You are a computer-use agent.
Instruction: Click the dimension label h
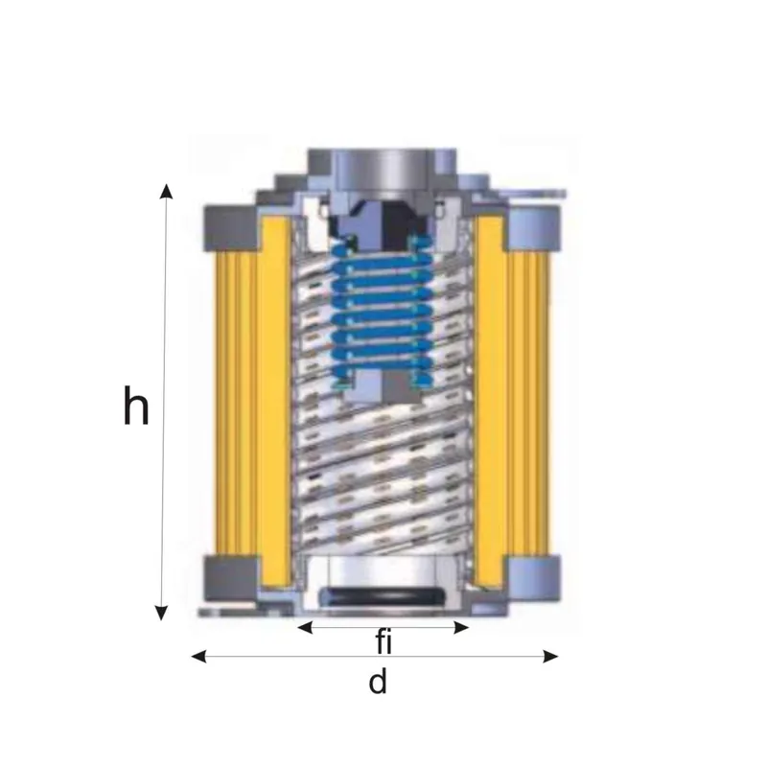(135, 406)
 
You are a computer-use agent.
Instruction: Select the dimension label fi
(384, 641)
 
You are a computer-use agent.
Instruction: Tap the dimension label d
(378, 682)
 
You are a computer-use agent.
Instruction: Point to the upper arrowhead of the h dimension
(166, 191)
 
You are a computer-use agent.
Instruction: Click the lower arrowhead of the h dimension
(161, 613)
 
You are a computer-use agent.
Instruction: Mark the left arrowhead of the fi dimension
(305, 627)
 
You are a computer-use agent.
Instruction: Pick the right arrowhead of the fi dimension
(461, 627)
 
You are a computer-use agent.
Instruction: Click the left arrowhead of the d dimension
(198, 657)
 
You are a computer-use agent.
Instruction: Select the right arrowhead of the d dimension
(550, 657)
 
